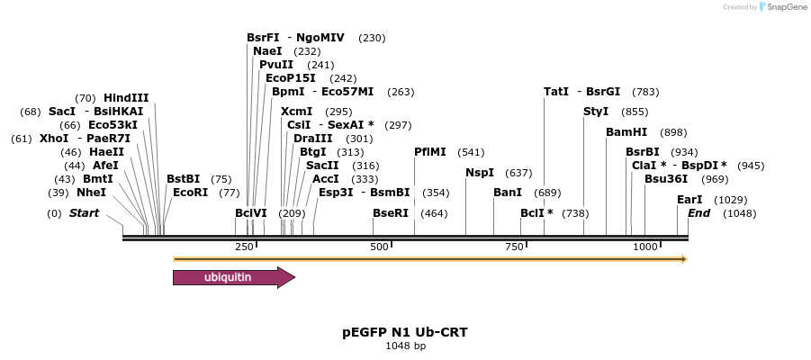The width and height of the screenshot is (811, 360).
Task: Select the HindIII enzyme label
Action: click(126, 98)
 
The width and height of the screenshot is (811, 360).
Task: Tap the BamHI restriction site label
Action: click(626, 132)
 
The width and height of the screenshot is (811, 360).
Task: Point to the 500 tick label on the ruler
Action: click(379, 247)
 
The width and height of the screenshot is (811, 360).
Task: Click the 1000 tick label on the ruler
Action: click(645, 247)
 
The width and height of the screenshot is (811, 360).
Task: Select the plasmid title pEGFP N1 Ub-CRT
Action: click(405, 332)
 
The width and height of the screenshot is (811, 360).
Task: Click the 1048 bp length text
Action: click(405, 346)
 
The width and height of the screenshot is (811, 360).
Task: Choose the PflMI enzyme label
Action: click(430, 152)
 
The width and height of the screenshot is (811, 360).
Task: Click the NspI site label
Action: click(480, 172)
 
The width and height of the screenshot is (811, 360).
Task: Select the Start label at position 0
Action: click(84, 212)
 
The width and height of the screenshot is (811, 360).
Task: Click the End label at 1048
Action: click(699, 212)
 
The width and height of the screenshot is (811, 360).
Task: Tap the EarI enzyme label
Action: click(689, 199)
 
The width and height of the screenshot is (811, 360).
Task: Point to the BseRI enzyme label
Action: click(391, 212)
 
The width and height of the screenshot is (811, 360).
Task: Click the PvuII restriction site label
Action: click(276, 65)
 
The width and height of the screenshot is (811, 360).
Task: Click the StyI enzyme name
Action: click(596, 112)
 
